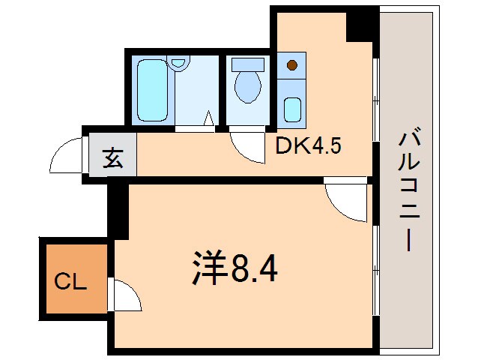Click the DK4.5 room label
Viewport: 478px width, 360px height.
309,145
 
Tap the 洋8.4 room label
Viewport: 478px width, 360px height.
232,267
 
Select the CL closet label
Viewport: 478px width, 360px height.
72,283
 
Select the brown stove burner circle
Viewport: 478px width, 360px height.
292,65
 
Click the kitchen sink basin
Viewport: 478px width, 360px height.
293,109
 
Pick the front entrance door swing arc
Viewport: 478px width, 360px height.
66,156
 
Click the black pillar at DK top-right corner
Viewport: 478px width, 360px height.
361,25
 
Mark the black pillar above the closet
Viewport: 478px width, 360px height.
117,212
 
